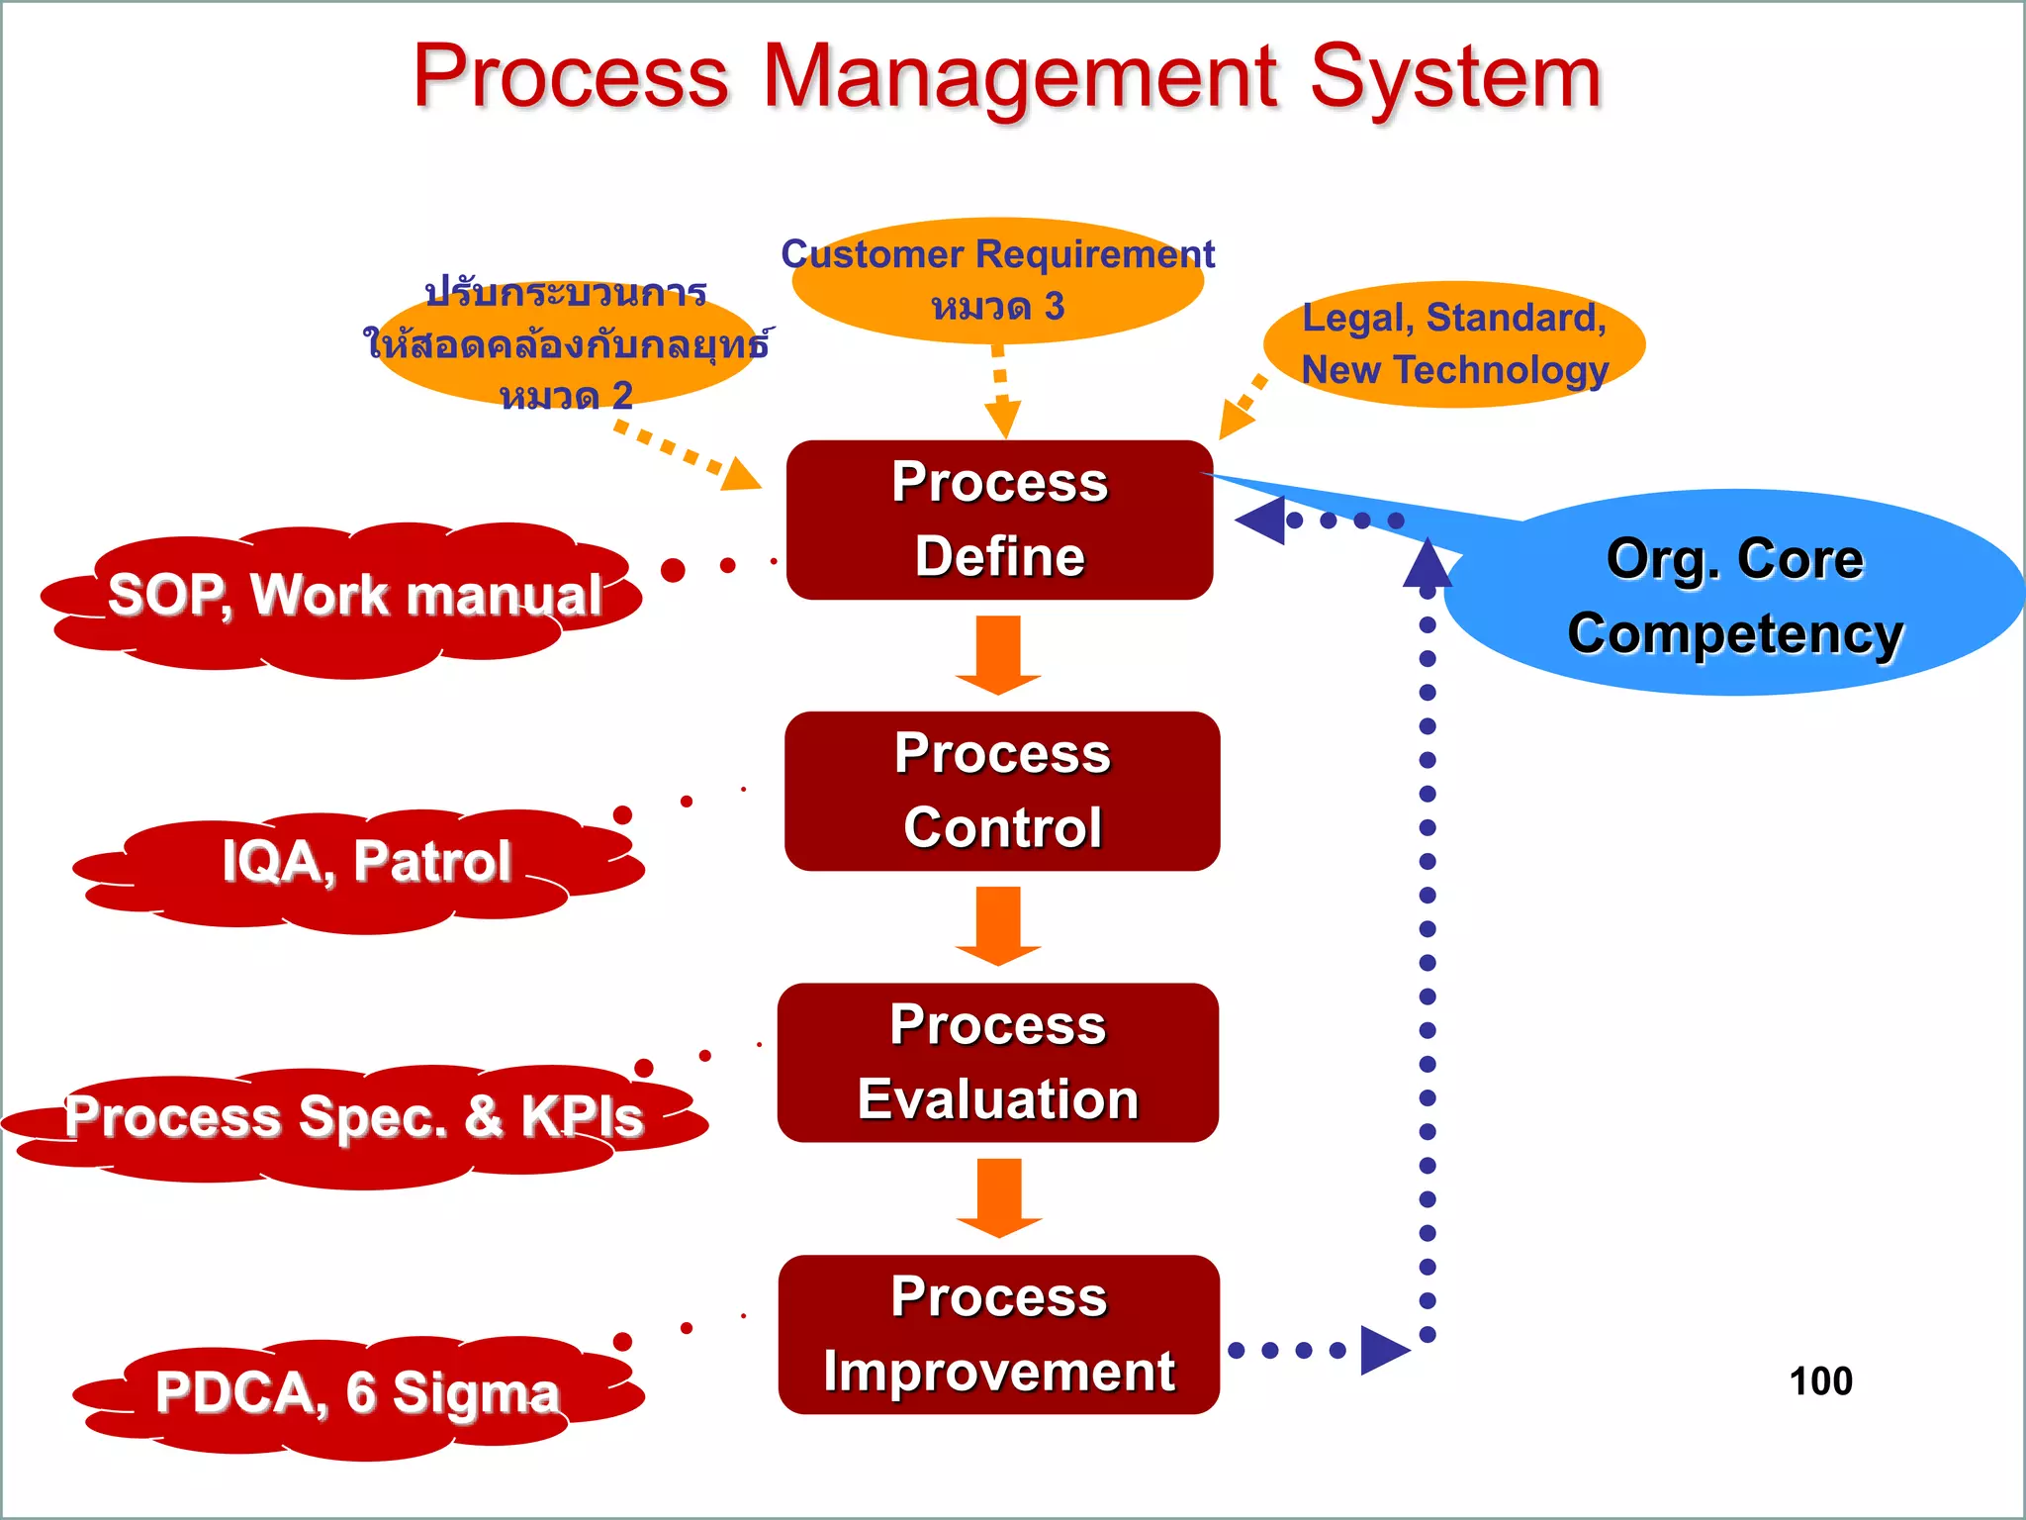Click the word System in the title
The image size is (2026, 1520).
(1454, 79)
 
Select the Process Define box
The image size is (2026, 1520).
(999, 520)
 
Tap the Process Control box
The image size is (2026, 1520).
(1001, 791)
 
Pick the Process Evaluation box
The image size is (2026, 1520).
(997, 1062)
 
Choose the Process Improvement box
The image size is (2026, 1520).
(998, 1334)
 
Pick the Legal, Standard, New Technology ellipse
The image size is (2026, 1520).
(1454, 344)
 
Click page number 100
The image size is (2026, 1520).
(1820, 1381)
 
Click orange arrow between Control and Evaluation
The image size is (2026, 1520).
(998, 926)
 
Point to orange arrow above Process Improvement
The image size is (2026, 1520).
(998, 1197)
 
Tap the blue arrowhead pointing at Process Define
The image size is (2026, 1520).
(1261, 520)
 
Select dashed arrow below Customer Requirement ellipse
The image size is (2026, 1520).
(1001, 391)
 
